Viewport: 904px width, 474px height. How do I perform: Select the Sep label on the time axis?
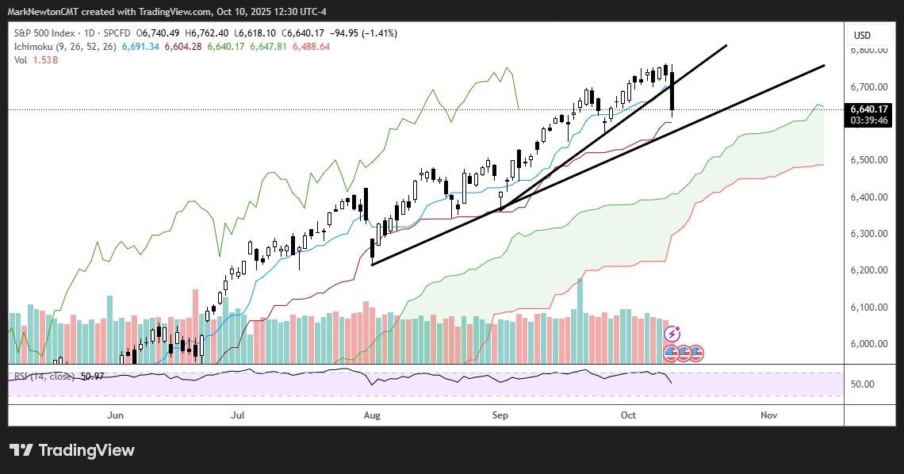[500, 415]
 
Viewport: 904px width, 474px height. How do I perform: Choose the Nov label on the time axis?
[768, 415]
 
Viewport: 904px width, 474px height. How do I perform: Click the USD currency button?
[862, 35]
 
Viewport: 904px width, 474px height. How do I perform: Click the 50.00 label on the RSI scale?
[863, 384]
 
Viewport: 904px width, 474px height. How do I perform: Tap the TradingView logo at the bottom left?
[72, 450]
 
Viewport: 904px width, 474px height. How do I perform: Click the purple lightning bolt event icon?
[672, 334]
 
